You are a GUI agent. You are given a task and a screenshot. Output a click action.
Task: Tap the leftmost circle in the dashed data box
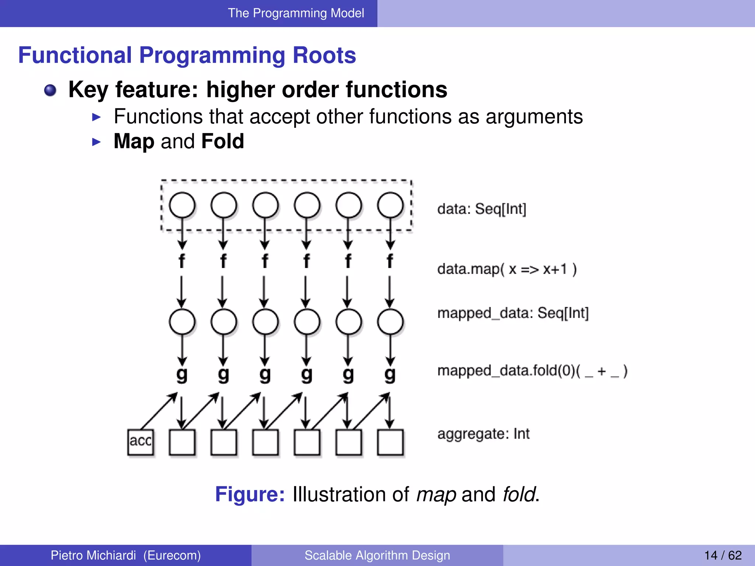coord(182,205)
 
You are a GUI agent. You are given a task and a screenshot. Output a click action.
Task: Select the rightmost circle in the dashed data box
coord(390,205)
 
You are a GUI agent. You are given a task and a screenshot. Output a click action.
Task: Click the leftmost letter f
coord(182,261)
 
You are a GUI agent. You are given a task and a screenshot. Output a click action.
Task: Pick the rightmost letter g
coord(390,375)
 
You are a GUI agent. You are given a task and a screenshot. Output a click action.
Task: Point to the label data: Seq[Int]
coord(481,209)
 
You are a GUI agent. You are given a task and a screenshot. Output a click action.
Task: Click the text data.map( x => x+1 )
coord(507,269)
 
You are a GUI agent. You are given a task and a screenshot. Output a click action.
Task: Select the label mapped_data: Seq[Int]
coord(513,313)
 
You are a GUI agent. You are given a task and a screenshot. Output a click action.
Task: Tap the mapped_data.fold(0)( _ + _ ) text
coord(532,371)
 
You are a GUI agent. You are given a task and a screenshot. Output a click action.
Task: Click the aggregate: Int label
coord(483,434)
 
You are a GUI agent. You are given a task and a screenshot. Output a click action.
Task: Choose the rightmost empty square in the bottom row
coord(390,442)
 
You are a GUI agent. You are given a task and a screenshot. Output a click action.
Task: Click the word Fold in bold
coord(223,141)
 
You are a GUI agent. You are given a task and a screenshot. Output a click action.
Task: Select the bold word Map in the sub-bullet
coord(134,141)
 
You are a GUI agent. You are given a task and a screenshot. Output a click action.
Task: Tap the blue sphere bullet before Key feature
coord(50,90)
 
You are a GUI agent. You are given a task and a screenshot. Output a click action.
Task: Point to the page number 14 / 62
coord(723,555)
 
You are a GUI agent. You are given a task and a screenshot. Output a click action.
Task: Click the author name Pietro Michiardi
coord(93,555)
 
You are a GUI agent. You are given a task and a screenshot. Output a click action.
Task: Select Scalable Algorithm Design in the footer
coord(377,555)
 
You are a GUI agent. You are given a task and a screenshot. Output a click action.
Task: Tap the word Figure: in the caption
coord(250,494)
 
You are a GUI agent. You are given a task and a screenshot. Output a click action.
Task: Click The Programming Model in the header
coord(296,13)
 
